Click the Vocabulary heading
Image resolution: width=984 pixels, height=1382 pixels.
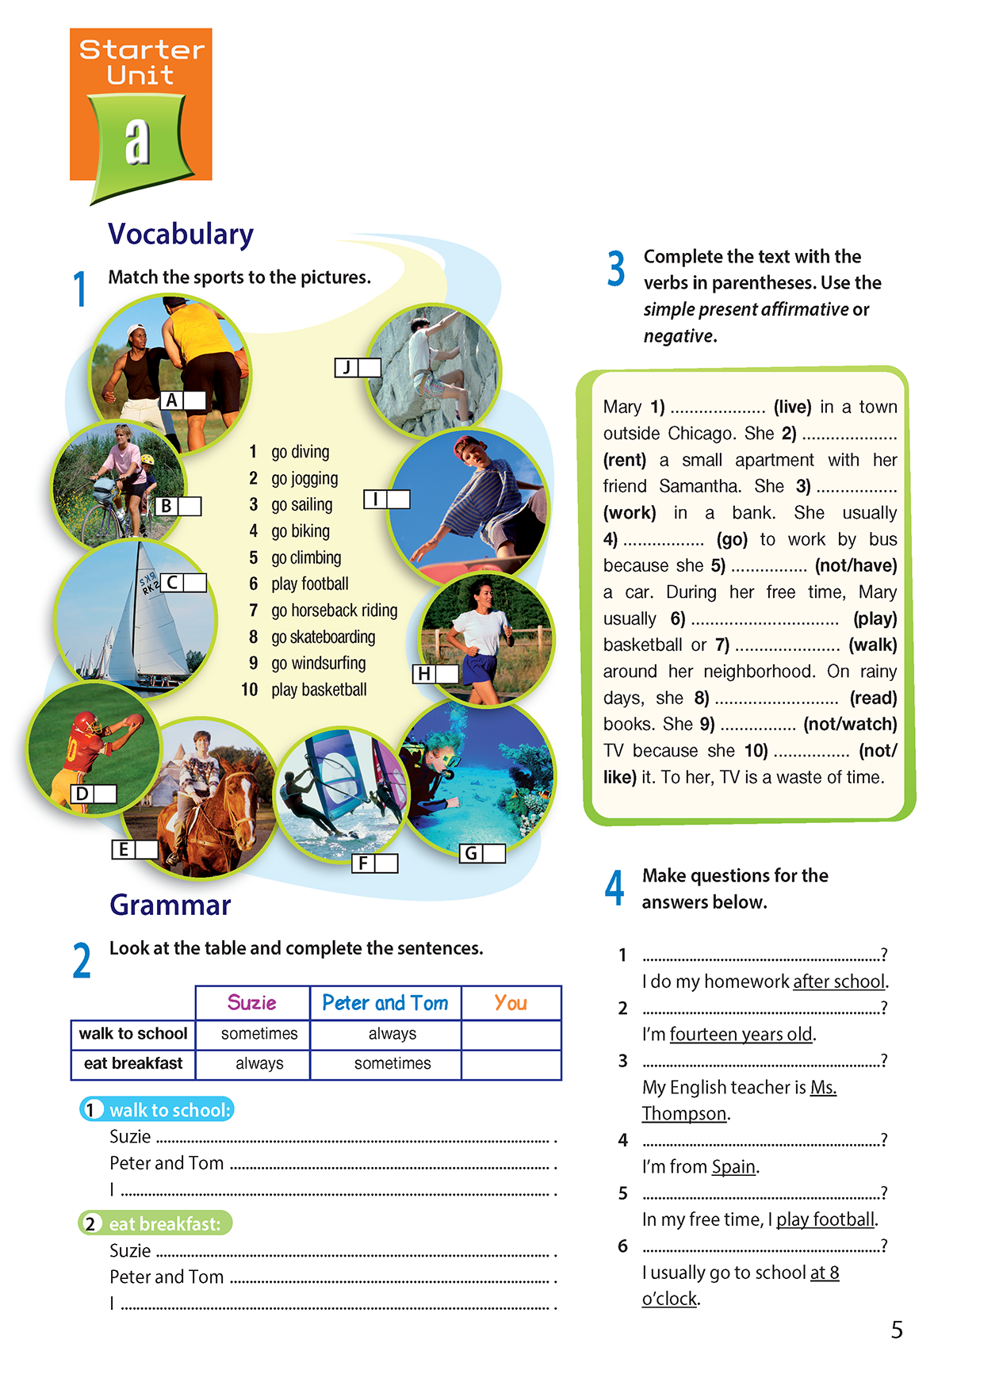coord(181,234)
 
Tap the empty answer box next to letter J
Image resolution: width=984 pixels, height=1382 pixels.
coord(369,368)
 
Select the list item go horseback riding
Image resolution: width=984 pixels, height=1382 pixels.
coord(334,611)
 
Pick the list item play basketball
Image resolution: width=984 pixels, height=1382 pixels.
coord(318,690)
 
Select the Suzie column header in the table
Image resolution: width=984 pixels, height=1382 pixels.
coord(252,1003)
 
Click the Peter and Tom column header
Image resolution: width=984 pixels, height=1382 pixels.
coord(385,1003)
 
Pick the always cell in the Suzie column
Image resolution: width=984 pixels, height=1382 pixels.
coord(259,1063)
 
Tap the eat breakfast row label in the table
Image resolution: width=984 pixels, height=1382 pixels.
coord(133,1063)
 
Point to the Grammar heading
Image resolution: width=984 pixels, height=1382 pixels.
coord(170,905)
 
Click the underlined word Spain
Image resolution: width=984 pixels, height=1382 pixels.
coord(733,1167)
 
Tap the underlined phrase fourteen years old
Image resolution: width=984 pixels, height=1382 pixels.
coord(741,1035)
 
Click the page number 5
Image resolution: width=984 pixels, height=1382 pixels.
coord(897,1330)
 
